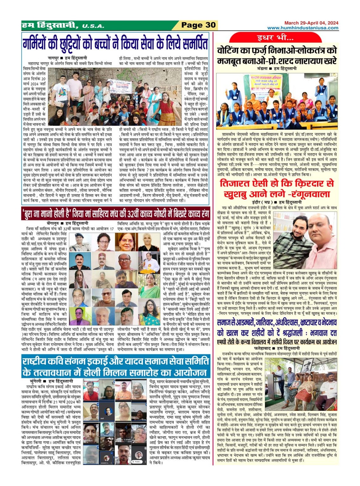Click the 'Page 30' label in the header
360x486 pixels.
(x=198, y=25)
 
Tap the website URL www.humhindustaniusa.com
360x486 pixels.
(x=303, y=28)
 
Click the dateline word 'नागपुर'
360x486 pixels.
(x=54, y=58)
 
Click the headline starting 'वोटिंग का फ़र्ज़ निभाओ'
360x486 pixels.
(x=277, y=55)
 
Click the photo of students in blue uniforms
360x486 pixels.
(x=277, y=101)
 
